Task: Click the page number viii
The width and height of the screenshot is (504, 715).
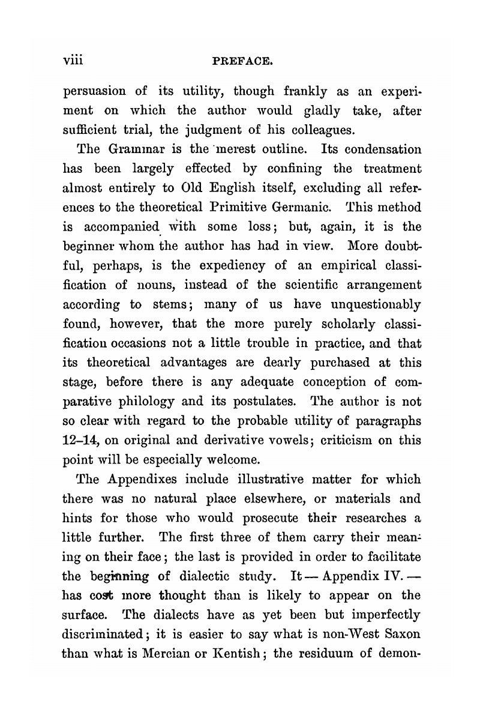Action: click(x=76, y=61)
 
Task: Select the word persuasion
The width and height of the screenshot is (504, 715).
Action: click(x=94, y=92)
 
